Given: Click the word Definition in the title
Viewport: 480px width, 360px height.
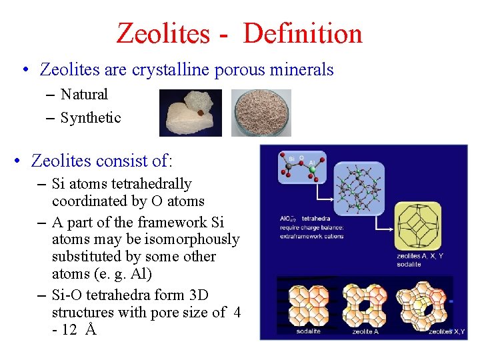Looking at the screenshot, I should coord(303,33).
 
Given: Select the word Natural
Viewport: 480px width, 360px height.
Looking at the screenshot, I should coord(84,95).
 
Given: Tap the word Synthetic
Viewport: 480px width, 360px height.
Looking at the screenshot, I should coord(91,118).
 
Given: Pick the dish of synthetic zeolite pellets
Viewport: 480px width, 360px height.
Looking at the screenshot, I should coord(261,113).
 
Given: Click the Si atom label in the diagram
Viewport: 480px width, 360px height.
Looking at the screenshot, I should coord(291,159).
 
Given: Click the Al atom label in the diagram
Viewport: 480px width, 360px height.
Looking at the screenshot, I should coord(313,163).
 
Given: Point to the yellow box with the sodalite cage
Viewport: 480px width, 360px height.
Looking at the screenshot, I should coord(418,227).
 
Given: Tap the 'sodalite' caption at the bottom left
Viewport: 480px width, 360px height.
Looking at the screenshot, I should coord(308,331).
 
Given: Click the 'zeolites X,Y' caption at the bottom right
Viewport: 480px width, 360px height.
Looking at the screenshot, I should coord(447,331).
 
